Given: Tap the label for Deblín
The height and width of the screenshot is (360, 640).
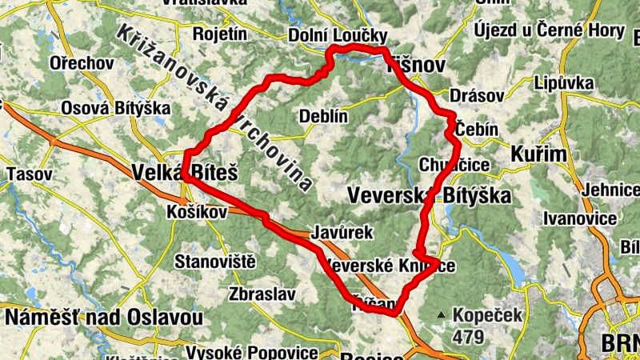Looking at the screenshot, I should tap(323, 116).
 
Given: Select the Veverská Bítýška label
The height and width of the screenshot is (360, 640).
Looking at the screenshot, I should tap(413, 193).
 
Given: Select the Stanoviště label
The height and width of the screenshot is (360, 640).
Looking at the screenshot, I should tap(214, 261).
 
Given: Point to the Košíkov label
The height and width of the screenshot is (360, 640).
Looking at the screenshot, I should tap(197, 212).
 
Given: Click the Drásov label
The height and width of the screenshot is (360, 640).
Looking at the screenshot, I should tap(478, 95).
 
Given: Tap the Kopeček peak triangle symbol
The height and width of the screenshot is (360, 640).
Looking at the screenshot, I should tap(441, 315).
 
